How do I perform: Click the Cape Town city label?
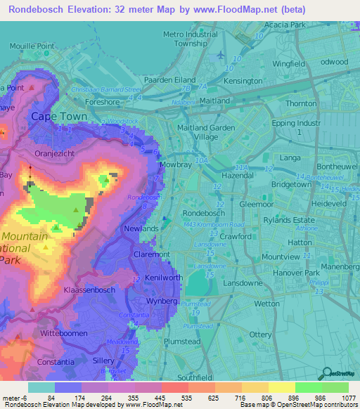pos(57,117)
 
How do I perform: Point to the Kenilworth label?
pos(164,278)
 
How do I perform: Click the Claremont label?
pos(152,254)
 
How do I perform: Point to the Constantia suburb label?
pos(57,362)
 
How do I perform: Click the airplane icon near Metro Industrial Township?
pos(222,55)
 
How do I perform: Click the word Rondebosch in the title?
pos(39,9)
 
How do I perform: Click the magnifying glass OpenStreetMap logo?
pos(327,373)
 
